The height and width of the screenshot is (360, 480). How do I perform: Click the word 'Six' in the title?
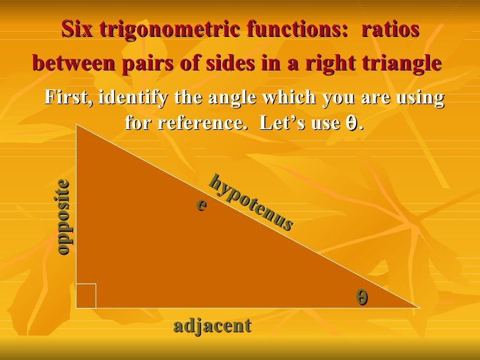pyautogui.click(x=77, y=30)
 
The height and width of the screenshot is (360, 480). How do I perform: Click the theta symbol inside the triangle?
pyautogui.click(x=362, y=298)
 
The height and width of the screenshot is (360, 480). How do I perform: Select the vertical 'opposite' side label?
pyautogui.click(x=63, y=217)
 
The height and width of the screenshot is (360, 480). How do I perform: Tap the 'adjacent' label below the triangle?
pyautogui.click(x=212, y=325)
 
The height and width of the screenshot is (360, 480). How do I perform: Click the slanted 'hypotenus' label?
pyautogui.click(x=251, y=202)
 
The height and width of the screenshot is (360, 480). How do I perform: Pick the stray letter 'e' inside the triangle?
pyautogui.click(x=202, y=205)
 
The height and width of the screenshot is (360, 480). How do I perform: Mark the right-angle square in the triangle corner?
pyautogui.click(x=86, y=296)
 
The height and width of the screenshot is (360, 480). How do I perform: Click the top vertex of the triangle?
pyautogui.click(x=77, y=126)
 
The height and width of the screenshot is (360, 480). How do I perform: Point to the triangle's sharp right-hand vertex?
pyautogui.click(x=417, y=307)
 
